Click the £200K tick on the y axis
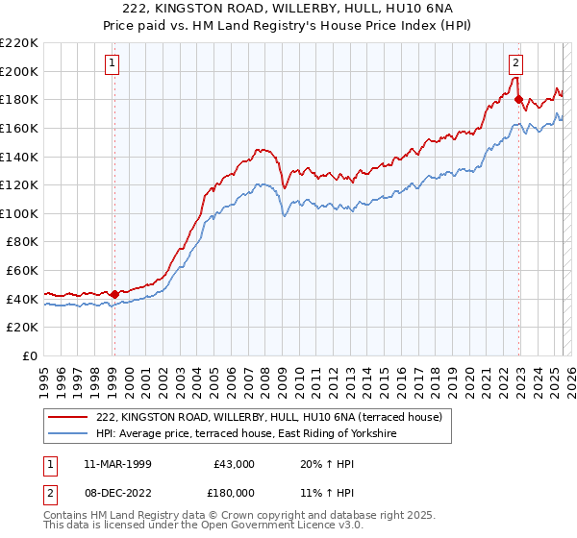[19, 71]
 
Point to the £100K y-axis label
[19, 213]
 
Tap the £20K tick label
[22, 328]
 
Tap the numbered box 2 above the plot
[515, 63]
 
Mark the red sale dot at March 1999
[114, 294]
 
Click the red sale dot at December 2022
[518, 99]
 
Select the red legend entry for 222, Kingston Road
[268, 417]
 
